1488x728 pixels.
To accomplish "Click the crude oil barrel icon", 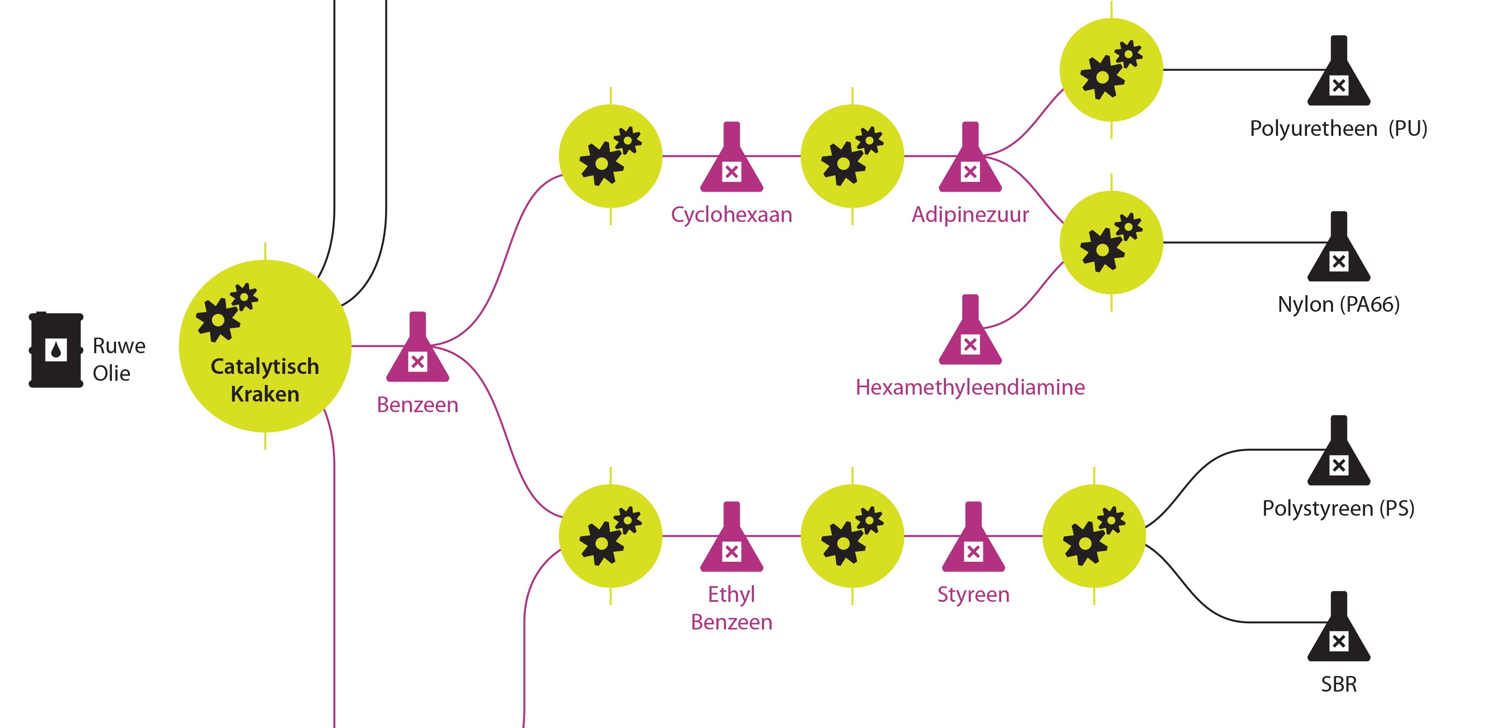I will pos(56,349).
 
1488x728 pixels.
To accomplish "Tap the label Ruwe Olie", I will pos(118,359).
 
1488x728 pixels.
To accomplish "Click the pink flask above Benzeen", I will pos(417,349).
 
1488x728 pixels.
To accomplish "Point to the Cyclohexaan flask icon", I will pos(731,159).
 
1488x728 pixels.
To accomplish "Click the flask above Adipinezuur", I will pos(970,159).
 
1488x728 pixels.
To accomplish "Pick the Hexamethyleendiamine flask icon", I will pos(970,332).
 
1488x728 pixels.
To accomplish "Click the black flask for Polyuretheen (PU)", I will pos(1338,73).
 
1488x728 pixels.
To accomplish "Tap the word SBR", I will pos(1338,684).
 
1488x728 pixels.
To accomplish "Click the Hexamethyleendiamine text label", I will pos(970,387).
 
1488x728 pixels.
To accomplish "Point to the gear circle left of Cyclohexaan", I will pos(611,156).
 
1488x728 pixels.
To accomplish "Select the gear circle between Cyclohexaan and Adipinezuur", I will pos(852,156).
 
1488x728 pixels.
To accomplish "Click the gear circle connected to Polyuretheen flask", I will pos(1111,70).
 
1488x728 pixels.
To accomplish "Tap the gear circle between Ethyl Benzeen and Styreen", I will pos(852,536).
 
